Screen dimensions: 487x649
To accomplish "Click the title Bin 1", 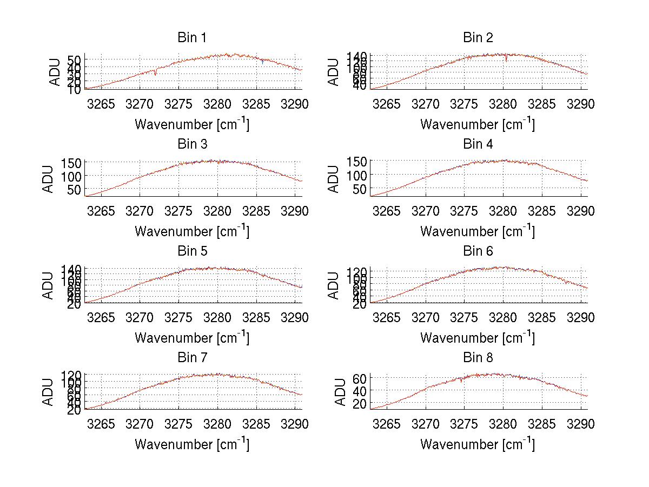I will coord(192,38).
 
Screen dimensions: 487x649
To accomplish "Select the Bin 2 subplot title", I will coord(478,38).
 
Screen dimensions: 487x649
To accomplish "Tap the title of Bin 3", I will coord(192,144).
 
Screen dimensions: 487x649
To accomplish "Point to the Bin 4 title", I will coord(478,144).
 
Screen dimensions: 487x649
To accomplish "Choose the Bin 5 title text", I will coord(192,251).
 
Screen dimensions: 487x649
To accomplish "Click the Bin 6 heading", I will coord(478,251).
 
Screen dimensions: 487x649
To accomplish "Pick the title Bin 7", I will coord(192,358).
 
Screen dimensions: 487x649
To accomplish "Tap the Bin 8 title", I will coord(478,358).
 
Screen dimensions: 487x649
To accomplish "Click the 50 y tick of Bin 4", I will coord(360,189).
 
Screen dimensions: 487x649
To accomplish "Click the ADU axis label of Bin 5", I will coord(49,285).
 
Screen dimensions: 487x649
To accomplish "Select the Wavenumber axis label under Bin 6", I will coord(478,338).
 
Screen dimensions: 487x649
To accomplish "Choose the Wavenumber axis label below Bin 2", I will coord(478,124).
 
